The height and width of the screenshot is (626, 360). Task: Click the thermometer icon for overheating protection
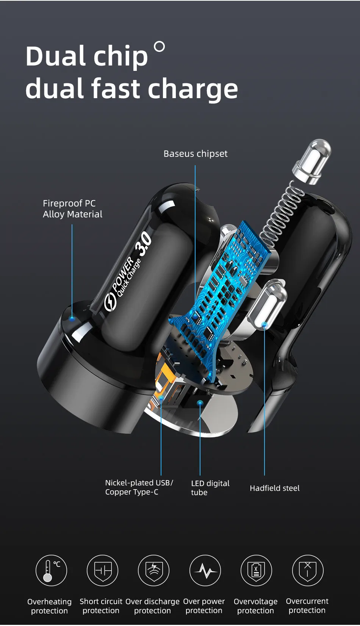(x=51, y=570)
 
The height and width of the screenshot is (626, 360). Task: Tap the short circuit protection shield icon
(x=102, y=570)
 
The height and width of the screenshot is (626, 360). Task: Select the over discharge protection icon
(x=153, y=570)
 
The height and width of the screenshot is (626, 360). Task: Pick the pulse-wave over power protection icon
(x=205, y=570)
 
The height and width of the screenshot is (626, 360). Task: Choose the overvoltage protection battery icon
(x=256, y=570)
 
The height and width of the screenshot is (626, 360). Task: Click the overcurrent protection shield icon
(x=307, y=570)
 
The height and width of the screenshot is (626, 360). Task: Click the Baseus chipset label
(x=196, y=154)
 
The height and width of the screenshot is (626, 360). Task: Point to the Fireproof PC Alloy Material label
(x=72, y=209)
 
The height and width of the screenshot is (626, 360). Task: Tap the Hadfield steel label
(x=274, y=488)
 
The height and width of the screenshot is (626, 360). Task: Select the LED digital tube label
(x=210, y=488)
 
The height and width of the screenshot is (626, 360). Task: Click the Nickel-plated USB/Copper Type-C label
(x=139, y=487)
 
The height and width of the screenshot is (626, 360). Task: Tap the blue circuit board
(x=224, y=288)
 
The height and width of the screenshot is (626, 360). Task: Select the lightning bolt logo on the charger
(x=110, y=302)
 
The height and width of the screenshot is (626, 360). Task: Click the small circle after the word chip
(x=160, y=47)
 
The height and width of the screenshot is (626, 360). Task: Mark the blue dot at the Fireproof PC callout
(x=72, y=318)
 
